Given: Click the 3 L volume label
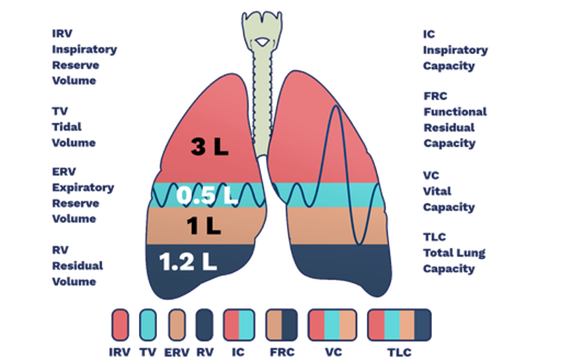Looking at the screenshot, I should tap(210, 147).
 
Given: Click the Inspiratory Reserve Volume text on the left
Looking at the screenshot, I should tap(84, 57).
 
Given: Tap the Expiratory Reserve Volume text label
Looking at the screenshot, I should tap(83, 196).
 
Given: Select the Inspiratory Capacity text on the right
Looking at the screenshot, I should tap(455, 50).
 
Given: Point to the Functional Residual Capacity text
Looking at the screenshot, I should tap(455, 119).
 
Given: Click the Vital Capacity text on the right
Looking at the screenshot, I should tap(448, 191).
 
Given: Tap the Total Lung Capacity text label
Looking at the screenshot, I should tap(454, 253).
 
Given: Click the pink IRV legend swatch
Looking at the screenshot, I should tap(120, 325).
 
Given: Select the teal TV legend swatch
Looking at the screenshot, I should tap(148, 325).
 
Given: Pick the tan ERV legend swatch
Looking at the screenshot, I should tap(177, 325).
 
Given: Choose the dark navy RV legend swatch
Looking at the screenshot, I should tap(205, 325).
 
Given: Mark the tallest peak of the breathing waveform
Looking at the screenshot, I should tap(337, 106).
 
